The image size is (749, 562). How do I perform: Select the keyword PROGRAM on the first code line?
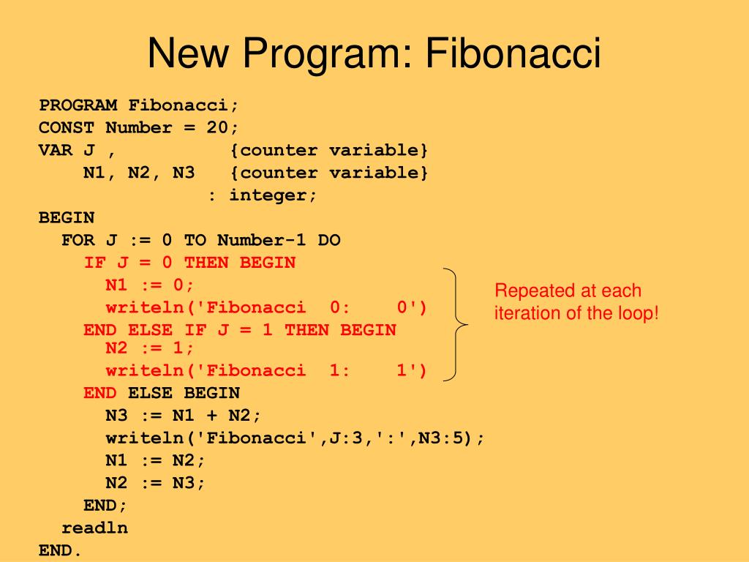78,105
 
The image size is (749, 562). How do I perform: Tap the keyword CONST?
67,128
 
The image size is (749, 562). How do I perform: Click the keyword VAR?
56,151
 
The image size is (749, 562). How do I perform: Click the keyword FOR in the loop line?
78,240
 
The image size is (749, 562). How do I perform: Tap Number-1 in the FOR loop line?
261,240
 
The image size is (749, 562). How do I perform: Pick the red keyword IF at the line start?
95,263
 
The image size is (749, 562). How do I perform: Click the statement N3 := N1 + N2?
183,416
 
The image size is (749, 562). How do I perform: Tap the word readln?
94,528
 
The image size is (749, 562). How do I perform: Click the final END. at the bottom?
61,550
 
